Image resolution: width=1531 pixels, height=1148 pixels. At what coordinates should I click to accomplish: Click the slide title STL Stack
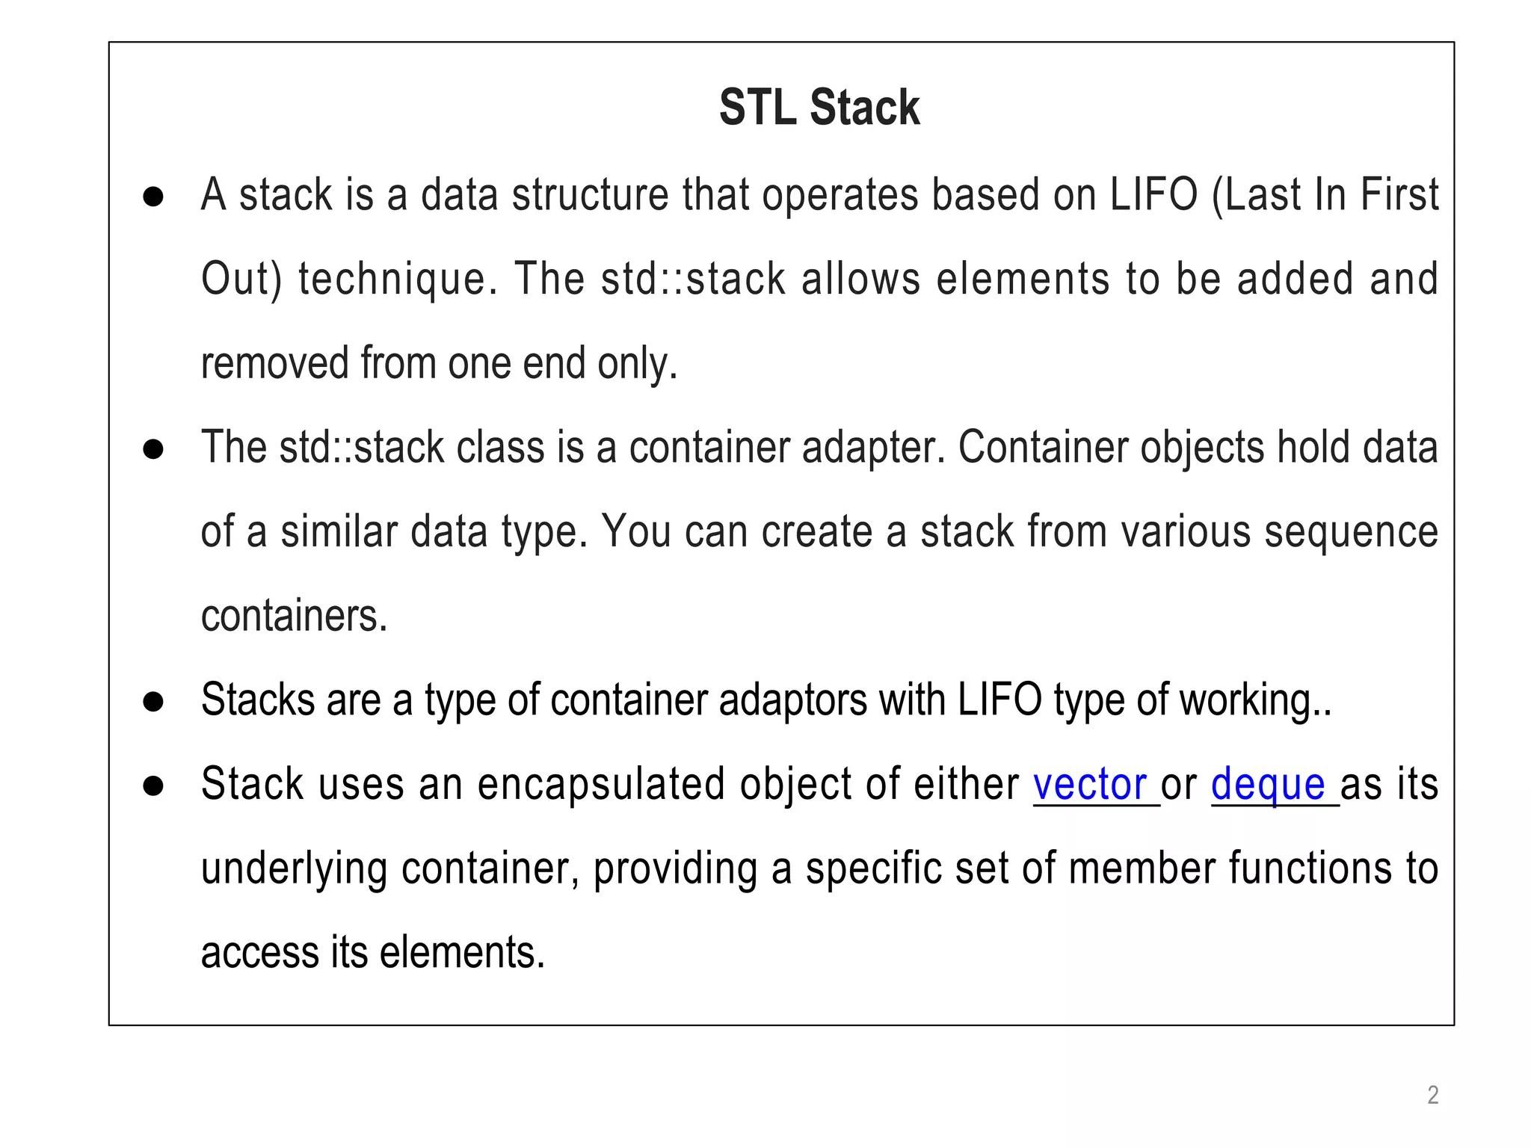(x=819, y=108)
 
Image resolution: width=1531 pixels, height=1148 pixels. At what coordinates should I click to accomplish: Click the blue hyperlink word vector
(x=1090, y=785)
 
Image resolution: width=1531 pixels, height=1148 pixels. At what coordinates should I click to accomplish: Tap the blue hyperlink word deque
(x=1268, y=785)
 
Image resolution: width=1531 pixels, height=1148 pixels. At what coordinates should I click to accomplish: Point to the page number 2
(x=1432, y=1095)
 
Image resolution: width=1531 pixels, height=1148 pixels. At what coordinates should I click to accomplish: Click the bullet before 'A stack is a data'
(x=153, y=197)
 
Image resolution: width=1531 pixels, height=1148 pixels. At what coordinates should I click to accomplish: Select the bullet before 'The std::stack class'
(x=153, y=449)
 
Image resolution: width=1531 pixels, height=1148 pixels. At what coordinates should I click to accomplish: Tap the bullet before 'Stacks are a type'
(x=153, y=701)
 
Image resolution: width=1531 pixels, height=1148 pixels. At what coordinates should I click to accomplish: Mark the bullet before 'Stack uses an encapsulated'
(x=153, y=786)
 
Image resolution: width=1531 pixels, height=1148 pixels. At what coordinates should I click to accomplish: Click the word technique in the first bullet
(x=398, y=280)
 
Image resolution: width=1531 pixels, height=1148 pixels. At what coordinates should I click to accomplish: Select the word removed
(x=274, y=363)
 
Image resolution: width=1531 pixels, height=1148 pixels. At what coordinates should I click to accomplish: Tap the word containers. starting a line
(x=295, y=617)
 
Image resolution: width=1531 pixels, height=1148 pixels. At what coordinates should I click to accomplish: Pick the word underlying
(x=294, y=870)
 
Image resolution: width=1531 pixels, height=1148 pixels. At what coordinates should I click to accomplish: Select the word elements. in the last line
(x=462, y=953)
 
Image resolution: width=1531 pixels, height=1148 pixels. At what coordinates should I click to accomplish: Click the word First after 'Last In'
(x=1399, y=195)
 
